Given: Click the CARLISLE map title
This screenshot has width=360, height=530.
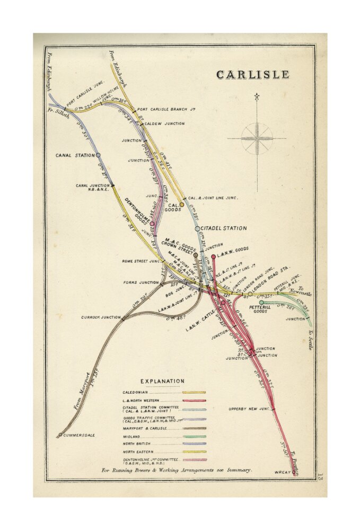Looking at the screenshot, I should point(253,75).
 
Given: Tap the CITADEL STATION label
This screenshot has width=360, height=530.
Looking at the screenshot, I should point(224,228).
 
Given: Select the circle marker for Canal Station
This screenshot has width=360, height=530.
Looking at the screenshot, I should point(98,155).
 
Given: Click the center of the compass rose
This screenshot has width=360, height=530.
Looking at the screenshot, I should point(257,139).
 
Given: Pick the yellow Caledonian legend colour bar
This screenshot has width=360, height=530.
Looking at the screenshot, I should point(194,392).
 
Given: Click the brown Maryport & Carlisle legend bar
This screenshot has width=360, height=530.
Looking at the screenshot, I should point(194,428).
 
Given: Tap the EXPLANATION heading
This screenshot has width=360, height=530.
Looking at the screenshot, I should point(162,381).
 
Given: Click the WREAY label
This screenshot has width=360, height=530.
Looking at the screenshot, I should point(282,472).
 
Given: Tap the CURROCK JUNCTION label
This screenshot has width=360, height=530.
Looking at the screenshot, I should point(101,317).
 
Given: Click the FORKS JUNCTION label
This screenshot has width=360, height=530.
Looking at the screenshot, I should point(142,282).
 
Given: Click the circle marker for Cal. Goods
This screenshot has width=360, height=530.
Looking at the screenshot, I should point(181,204).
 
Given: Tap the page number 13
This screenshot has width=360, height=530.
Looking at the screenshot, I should point(320,477).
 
